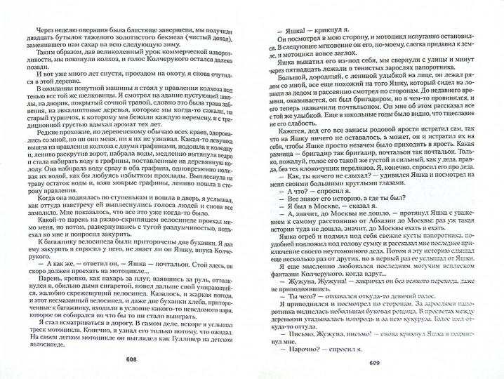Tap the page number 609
[x=373, y=364]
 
